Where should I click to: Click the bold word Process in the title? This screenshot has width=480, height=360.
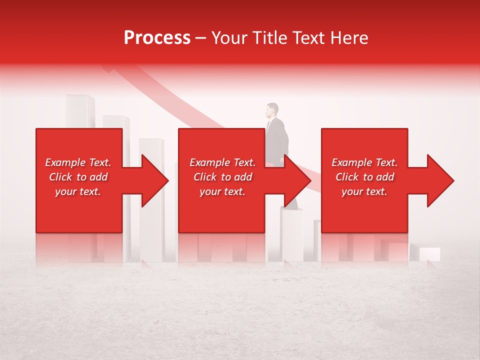[157, 38]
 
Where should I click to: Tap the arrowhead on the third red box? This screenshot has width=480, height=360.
[438, 180]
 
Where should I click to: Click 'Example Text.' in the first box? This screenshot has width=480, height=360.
[78, 162]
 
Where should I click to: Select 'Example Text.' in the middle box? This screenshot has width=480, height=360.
[222, 162]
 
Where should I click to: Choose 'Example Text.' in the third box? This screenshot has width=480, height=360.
[364, 162]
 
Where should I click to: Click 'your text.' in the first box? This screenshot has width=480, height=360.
[78, 191]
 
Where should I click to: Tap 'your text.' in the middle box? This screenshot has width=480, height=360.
[222, 191]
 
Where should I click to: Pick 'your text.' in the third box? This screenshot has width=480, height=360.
[364, 191]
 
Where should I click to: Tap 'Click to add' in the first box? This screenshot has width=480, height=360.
[78, 177]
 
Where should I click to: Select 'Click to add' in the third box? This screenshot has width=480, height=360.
[364, 177]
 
